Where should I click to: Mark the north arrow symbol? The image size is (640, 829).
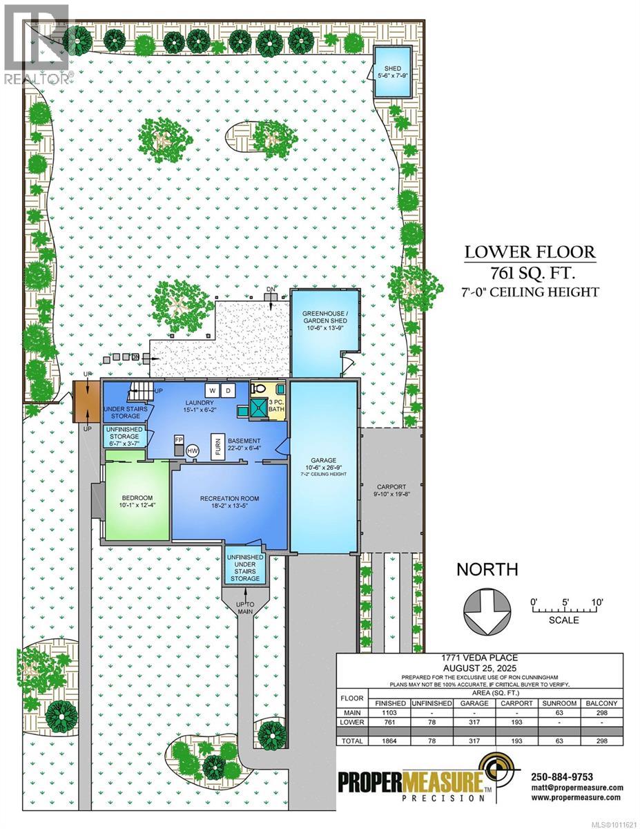click(485, 611)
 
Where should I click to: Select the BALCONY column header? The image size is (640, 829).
click(600, 703)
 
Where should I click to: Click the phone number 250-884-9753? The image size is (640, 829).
click(562, 776)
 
